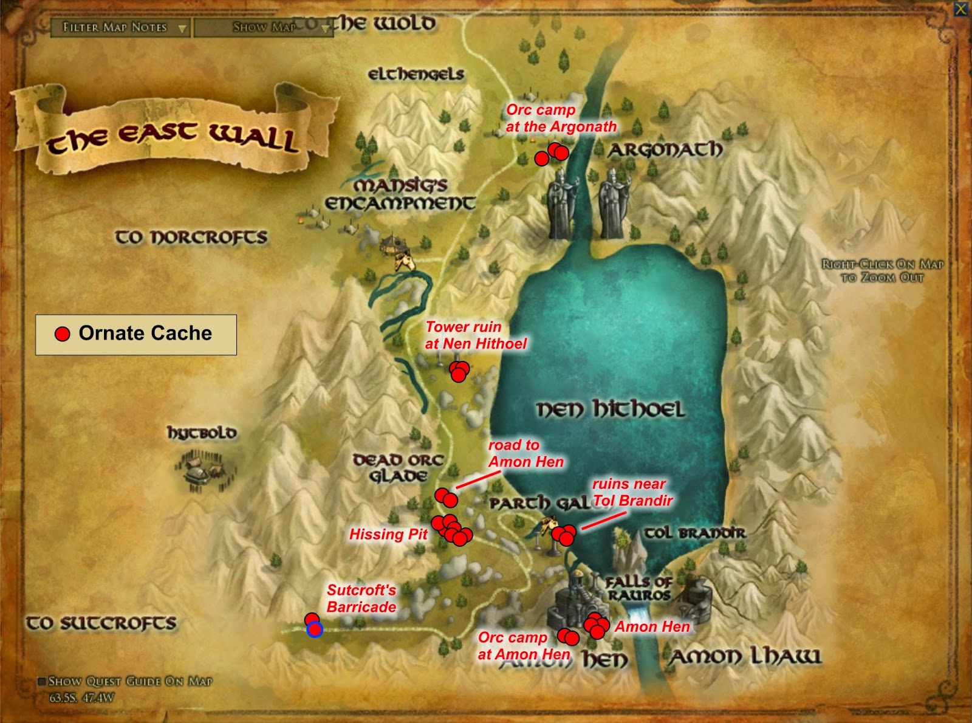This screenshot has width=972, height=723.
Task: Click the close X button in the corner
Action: (x=960, y=9)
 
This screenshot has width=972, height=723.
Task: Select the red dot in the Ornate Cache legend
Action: (x=62, y=334)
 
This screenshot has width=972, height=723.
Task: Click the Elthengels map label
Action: (x=416, y=74)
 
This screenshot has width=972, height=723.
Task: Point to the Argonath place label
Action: (x=666, y=149)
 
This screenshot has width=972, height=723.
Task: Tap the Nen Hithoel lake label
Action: (x=610, y=409)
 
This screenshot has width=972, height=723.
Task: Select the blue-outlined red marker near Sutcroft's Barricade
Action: (x=314, y=630)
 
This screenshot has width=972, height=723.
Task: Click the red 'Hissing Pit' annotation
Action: (x=388, y=534)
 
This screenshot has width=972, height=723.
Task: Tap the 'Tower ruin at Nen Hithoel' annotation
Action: (x=475, y=335)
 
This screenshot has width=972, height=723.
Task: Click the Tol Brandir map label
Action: (x=694, y=533)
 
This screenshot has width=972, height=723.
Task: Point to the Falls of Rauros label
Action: (x=638, y=588)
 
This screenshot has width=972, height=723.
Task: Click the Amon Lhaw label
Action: (x=745, y=656)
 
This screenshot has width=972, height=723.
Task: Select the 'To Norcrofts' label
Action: (x=191, y=237)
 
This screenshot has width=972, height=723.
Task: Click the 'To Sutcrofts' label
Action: (x=101, y=623)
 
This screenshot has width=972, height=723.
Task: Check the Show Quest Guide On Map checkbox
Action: (x=42, y=681)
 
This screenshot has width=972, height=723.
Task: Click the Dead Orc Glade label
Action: (x=399, y=468)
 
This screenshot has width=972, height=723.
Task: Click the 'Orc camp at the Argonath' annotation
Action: (x=560, y=118)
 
